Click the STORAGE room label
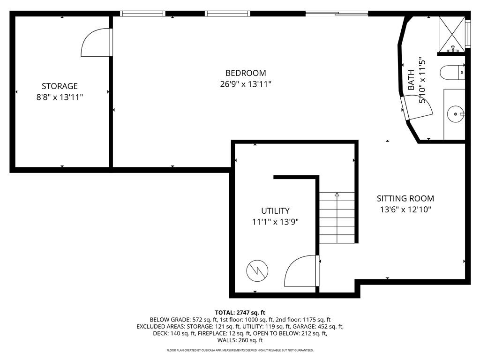tap(60, 86)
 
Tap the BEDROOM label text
tap(246, 73)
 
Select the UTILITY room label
tap(275, 210)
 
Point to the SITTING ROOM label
tap(405, 198)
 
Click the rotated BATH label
tap(411, 80)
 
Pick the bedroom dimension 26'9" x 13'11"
tap(246, 84)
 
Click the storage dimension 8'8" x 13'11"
tap(60, 97)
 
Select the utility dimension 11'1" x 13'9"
tap(275, 222)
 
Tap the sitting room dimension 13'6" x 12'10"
tap(405, 210)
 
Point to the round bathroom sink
tap(456, 114)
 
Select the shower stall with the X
tap(451, 34)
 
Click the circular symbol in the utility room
tap(257, 270)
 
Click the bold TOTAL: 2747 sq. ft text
tap(240, 313)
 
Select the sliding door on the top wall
tap(337, 14)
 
